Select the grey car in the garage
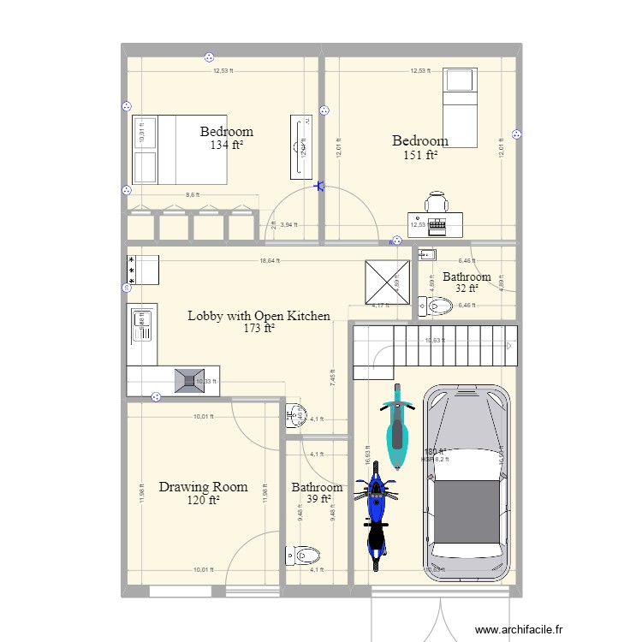pos(467,484)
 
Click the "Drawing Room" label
pos(203,487)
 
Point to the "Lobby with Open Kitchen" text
pos(259,316)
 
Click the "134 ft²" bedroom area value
pos(226,146)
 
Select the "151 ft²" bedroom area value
pos(420,155)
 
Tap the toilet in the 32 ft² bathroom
pos(436,305)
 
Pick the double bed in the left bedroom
pos(178,149)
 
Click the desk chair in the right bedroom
pos(437,203)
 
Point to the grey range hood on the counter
pos(189,381)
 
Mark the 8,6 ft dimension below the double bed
pos(193,195)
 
